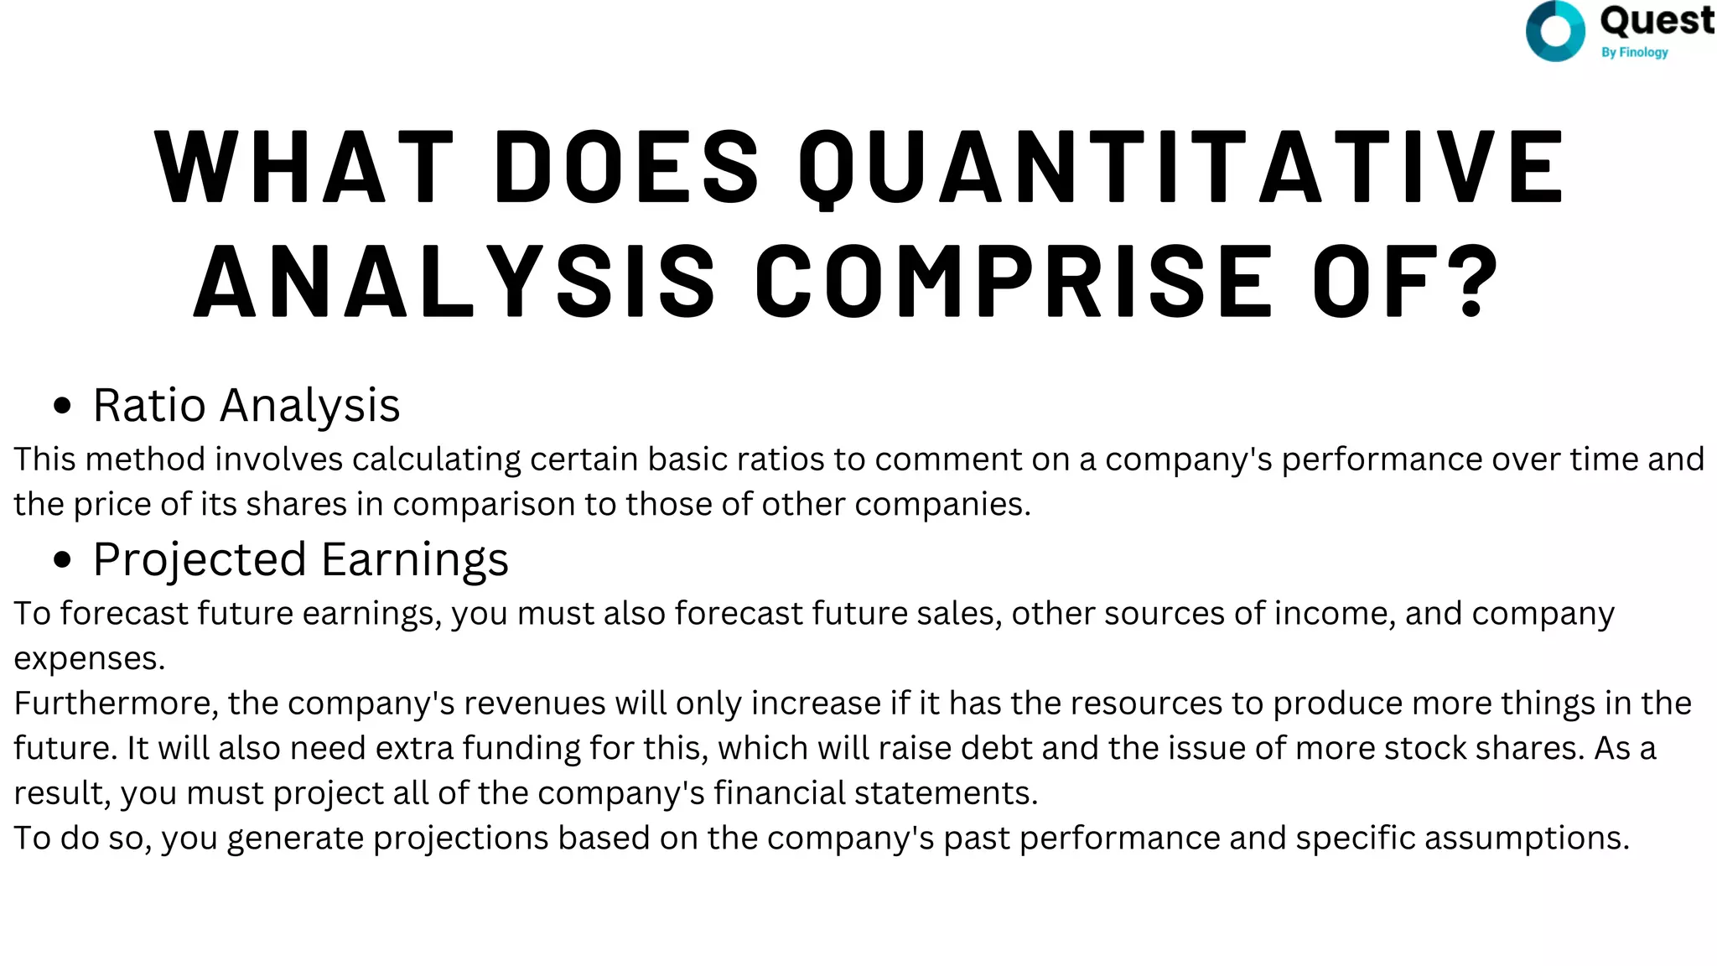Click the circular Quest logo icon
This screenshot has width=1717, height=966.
click(1555, 32)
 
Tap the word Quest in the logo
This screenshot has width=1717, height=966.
click(1657, 21)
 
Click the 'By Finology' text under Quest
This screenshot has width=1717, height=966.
click(1634, 52)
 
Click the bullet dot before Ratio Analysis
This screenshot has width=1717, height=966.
click(62, 407)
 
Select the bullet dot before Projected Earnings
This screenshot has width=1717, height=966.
click(62, 560)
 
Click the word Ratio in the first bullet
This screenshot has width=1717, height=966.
click(149, 406)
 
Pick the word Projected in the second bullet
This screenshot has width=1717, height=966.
click(200, 560)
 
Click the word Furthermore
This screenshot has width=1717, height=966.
click(116, 704)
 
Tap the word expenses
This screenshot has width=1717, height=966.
click(89, 659)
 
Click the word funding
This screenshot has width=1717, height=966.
click(520, 748)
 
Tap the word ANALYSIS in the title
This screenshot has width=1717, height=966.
click(454, 281)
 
